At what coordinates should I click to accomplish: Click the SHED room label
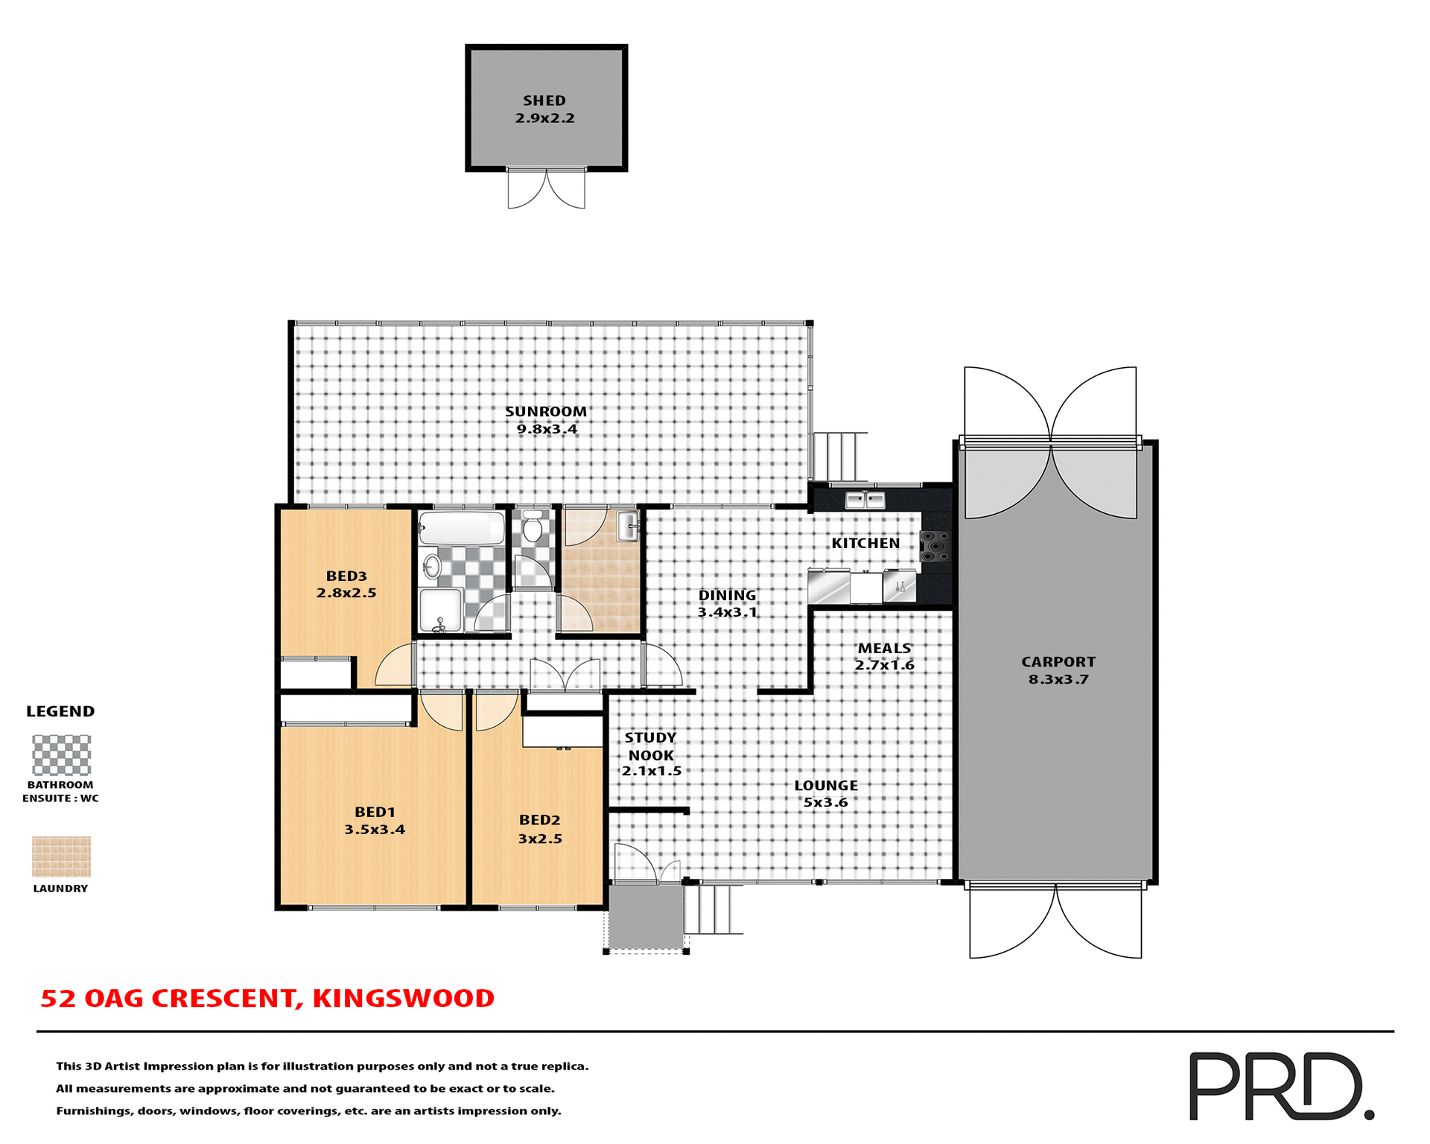click(x=544, y=101)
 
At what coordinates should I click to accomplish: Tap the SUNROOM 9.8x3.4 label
click(x=546, y=420)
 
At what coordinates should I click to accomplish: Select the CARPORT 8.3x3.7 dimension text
click(x=1058, y=679)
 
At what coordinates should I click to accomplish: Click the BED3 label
click(x=346, y=576)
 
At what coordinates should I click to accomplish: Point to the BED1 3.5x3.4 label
click(x=375, y=821)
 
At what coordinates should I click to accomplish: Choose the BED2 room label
click(x=539, y=820)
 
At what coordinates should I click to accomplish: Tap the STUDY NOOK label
click(x=651, y=747)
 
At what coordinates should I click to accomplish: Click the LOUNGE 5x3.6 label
click(x=825, y=794)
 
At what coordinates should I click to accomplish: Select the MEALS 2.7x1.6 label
click(x=884, y=657)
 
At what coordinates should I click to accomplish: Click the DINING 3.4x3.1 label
click(x=727, y=604)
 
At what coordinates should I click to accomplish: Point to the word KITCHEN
click(x=865, y=544)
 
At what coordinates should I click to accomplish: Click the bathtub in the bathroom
click(x=462, y=528)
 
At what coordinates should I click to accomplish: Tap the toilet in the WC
click(x=533, y=527)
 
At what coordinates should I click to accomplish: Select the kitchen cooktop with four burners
click(x=936, y=546)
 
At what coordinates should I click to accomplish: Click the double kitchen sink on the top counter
click(x=865, y=499)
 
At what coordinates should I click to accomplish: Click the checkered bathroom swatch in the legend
click(x=61, y=755)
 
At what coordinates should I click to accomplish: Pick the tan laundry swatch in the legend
click(x=61, y=857)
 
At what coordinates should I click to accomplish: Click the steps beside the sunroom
click(x=840, y=457)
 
